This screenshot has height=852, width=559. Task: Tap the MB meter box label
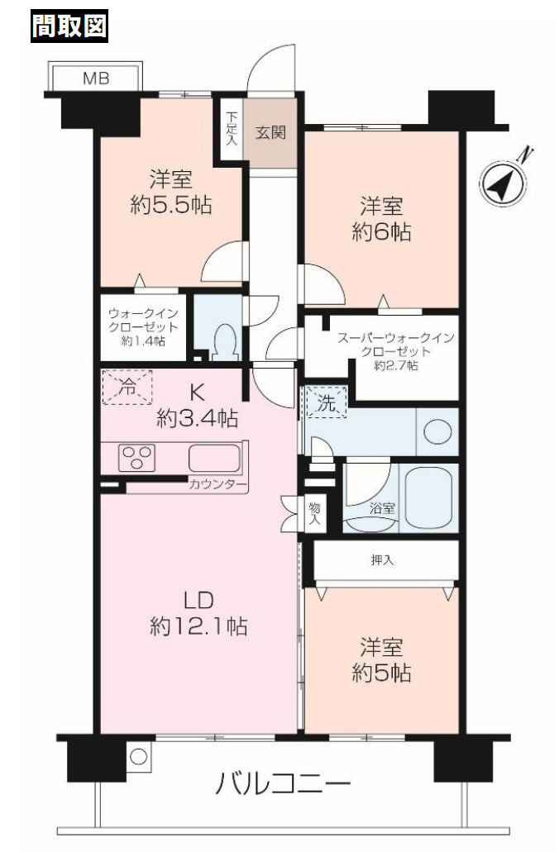pyautogui.click(x=96, y=79)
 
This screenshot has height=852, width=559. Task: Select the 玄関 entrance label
pyautogui.click(x=270, y=132)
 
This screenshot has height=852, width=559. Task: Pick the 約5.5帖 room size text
pyautogui.click(x=171, y=206)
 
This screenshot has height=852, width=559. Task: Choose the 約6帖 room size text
pyautogui.click(x=381, y=232)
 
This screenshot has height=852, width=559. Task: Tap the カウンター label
pyautogui.click(x=217, y=485)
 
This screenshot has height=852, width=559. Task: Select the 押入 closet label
pyautogui.click(x=382, y=560)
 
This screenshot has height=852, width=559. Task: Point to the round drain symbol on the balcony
pyautogui.click(x=139, y=756)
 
